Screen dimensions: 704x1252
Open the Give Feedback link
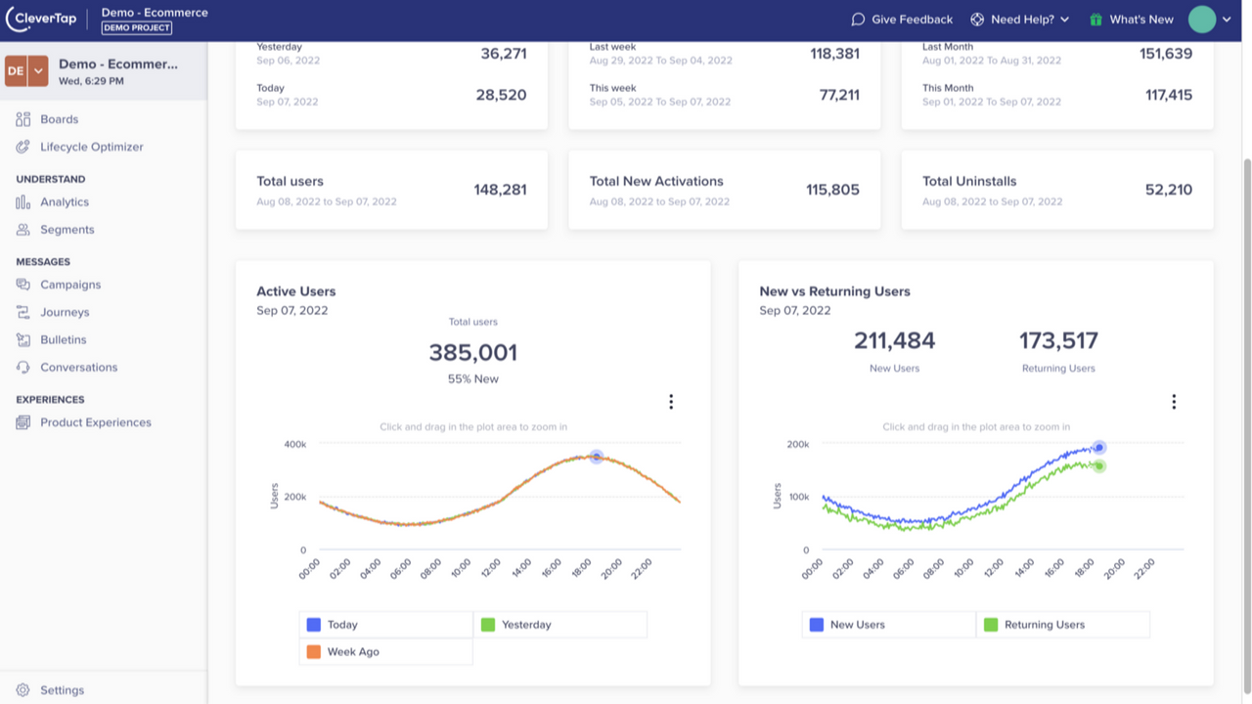point(901,20)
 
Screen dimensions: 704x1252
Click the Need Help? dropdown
point(1020,20)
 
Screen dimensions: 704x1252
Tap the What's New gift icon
point(1096,20)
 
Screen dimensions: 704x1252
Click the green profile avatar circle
point(1202,19)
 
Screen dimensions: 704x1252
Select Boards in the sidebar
point(59,119)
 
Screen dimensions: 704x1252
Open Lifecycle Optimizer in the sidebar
point(91,147)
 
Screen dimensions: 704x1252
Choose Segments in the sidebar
point(67,230)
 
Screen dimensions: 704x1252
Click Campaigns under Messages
point(69,285)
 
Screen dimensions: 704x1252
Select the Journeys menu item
point(65,312)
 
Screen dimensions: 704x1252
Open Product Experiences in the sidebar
point(95,422)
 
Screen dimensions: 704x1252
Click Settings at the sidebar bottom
point(62,690)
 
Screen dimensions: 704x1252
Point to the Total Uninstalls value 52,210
point(1168,190)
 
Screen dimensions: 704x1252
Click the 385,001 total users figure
point(472,353)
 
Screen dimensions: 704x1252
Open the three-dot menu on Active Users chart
point(671,402)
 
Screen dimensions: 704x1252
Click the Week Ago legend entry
point(352,652)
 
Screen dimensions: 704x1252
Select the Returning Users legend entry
point(1044,625)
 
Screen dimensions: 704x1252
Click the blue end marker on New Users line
point(1099,448)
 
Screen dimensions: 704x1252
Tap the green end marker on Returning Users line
point(1099,466)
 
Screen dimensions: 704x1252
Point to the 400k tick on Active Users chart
point(294,444)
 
